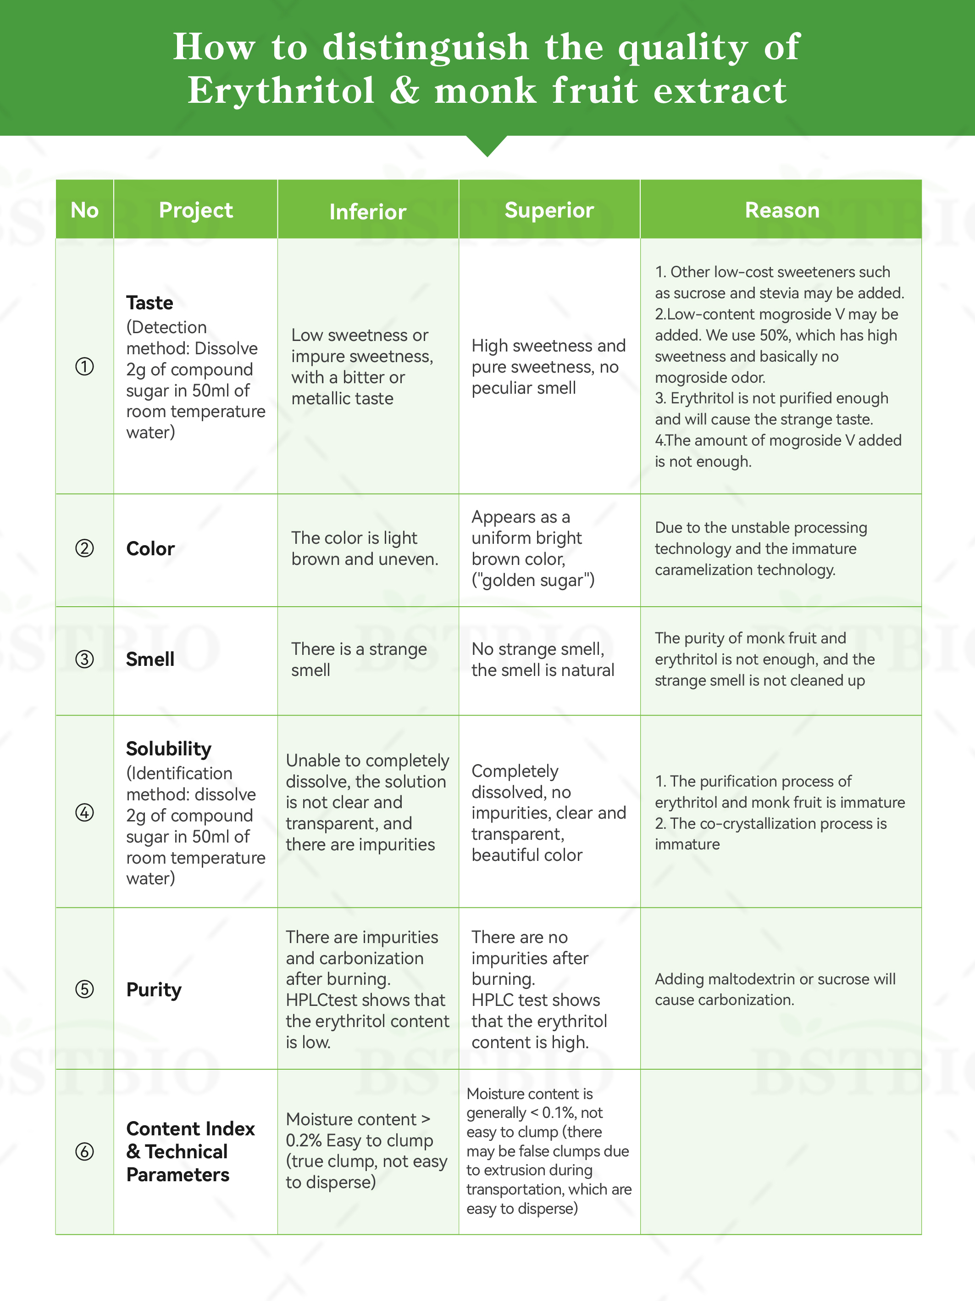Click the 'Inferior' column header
coord(367,212)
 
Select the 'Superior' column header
coord(549,210)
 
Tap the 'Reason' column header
coord(781,210)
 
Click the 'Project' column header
coord(196,210)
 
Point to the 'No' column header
coord(84,210)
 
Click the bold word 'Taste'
coord(149,302)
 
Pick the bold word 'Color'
coord(150,548)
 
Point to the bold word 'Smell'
coord(150,659)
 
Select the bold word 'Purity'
coord(154,989)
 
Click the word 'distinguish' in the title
coord(426,47)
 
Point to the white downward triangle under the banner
coord(487,145)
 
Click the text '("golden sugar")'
coord(533,580)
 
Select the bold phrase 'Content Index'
coord(190,1128)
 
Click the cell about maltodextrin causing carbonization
coord(775,989)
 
